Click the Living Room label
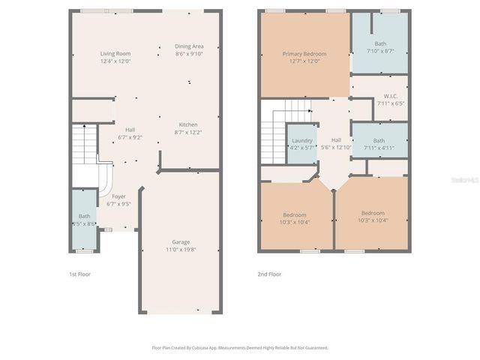pos(116,53)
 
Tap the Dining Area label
pos(189,46)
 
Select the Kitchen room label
pos(187,124)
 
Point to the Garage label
pos(181,241)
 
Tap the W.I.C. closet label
pos(390,96)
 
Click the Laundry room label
pos(302,140)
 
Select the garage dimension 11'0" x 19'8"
pos(181,249)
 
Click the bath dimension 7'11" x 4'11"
pos(379,148)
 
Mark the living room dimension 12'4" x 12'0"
pos(116,61)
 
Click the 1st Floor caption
pos(79,274)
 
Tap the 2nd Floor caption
pos(269,274)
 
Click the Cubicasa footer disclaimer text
pos(239,347)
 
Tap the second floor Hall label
pos(336,140)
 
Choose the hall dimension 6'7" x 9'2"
pos(129,136)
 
